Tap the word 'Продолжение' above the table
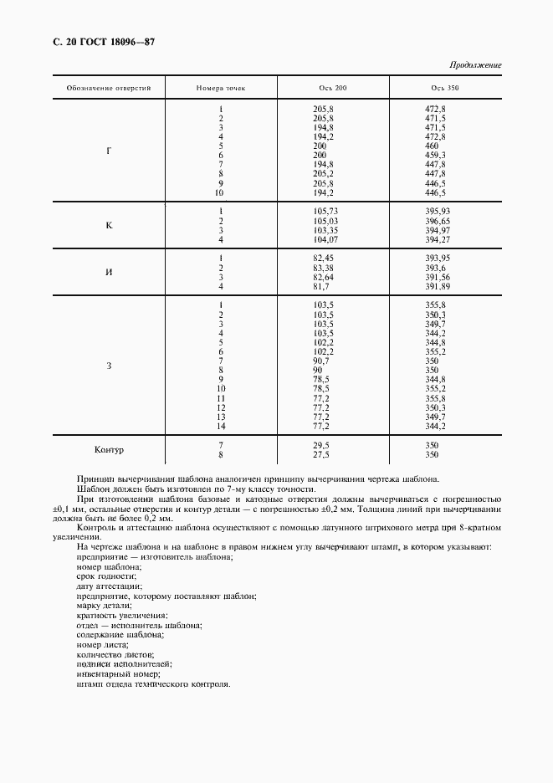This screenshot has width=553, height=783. coord(475,65)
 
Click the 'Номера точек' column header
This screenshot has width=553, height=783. coord(221,89)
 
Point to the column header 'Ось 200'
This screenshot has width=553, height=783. coord(332,89)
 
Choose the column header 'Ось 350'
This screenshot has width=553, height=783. coord(445,89)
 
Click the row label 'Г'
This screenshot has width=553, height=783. coord(109,151)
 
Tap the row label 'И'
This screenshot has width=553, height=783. coord(109,273)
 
